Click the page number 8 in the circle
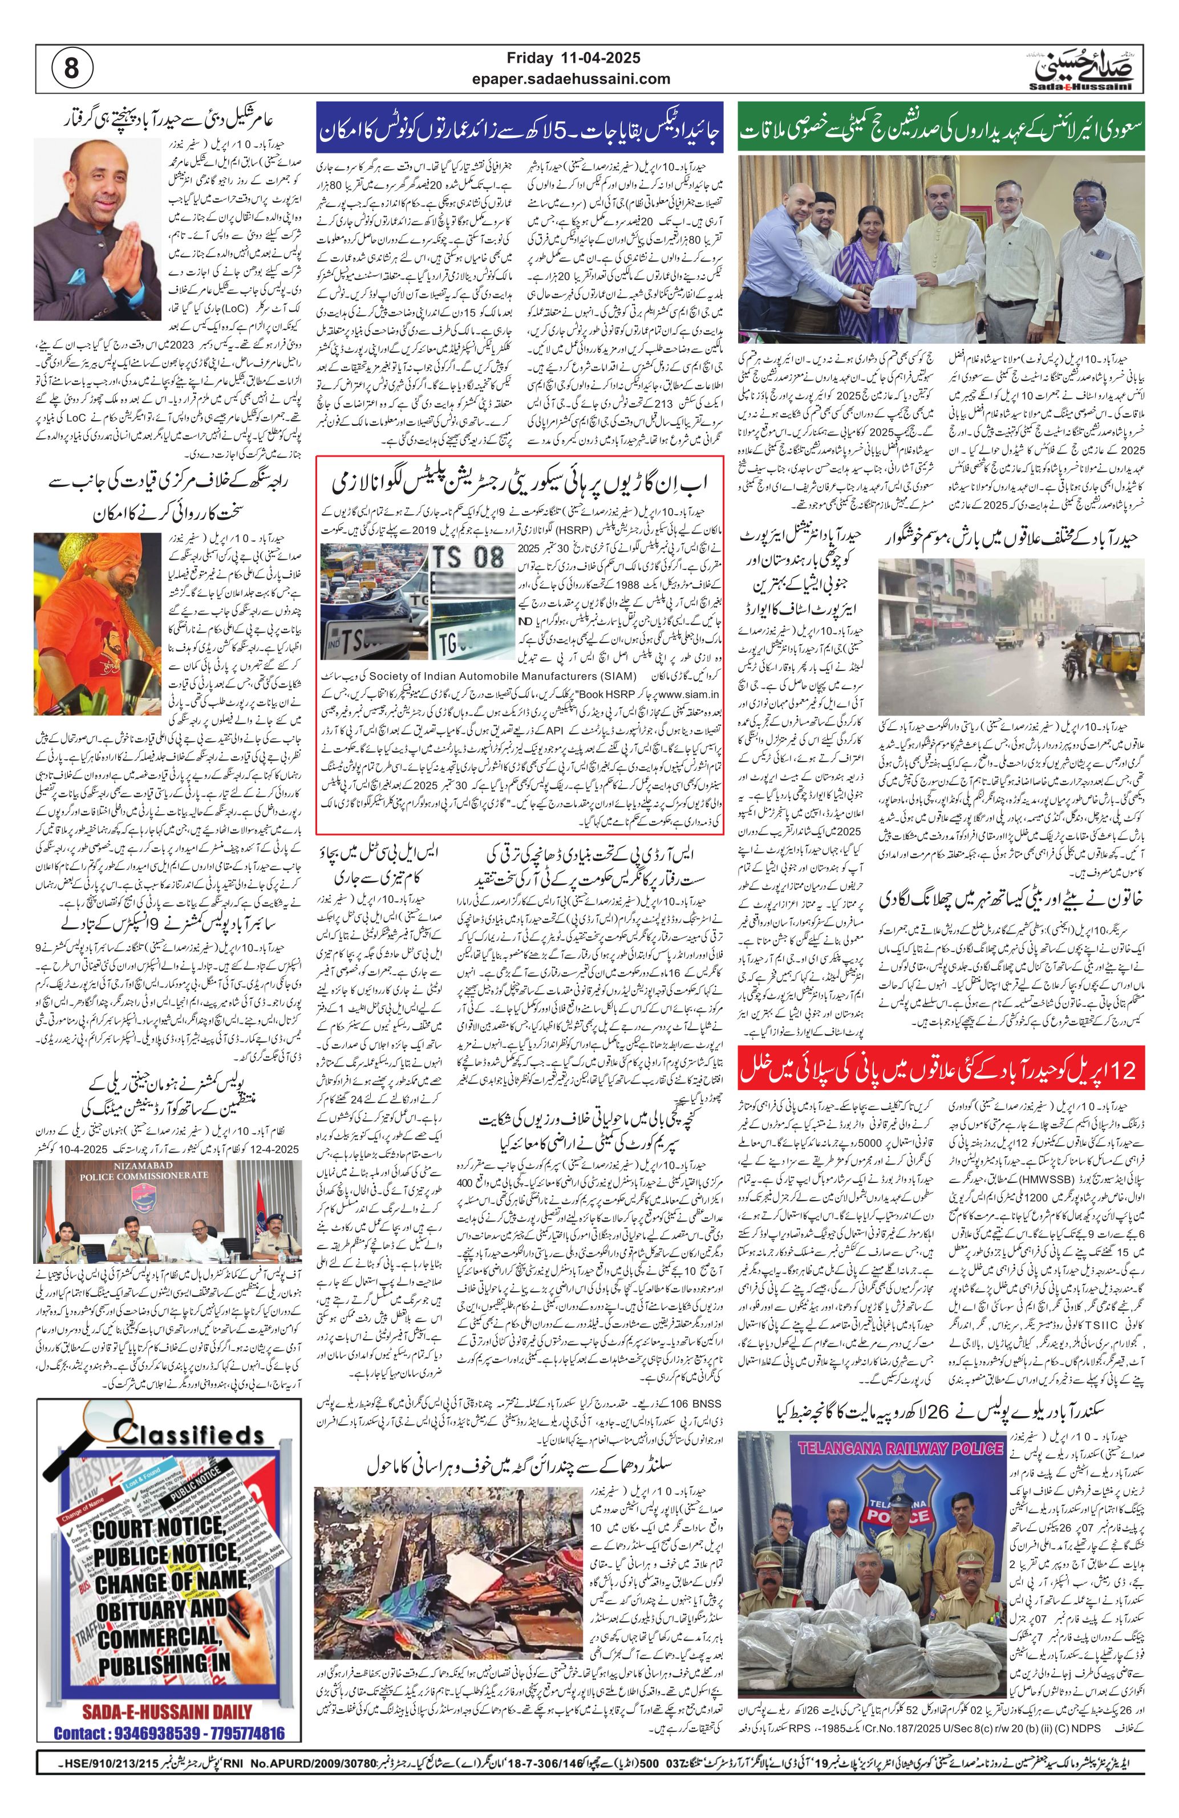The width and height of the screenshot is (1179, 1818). tap(71, 69)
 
